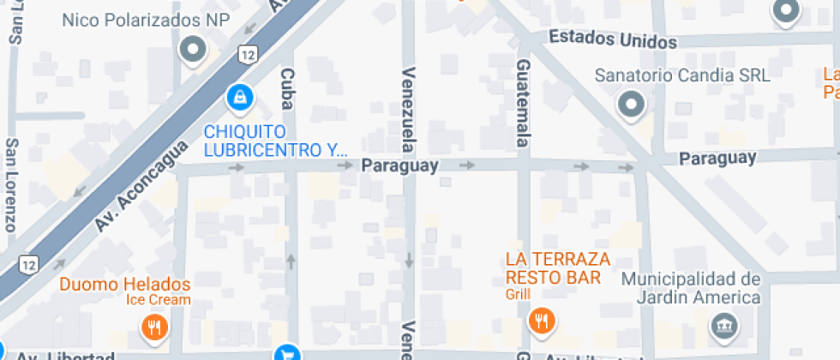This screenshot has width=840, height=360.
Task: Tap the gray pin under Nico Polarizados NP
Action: point(192,50)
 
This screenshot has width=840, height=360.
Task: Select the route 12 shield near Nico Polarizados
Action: point(248,56)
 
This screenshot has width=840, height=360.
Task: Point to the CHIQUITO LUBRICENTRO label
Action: point(275,141)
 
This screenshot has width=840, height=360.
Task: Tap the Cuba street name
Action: point(286,89)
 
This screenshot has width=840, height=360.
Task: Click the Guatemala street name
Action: point(523,101)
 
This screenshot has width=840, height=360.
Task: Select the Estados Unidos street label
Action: point(612,39)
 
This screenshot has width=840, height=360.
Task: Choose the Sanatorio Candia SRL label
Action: point(682,75)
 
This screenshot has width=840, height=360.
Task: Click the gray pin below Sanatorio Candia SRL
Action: point(632,105)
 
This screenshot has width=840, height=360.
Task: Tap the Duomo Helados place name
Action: point(124,284)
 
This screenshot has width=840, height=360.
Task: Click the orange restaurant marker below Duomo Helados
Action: point(153,326)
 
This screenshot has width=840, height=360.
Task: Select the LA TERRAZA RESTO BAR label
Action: point(558,267)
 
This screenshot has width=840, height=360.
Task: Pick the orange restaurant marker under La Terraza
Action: point(542,321)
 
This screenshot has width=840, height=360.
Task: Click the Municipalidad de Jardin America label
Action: point(691,288)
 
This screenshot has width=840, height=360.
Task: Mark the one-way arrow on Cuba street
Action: point(291,260)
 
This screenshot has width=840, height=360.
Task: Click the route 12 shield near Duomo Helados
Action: point(29,262)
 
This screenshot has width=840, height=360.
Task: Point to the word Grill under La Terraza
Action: point(519,295)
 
